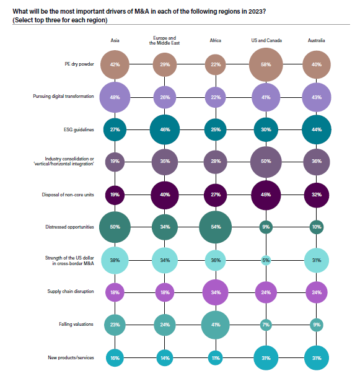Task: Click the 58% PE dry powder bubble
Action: point(266,64)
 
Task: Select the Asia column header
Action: point(115,40)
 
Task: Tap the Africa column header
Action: point(216,40)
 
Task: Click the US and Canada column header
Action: point(266,40)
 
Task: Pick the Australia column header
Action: point(317,40)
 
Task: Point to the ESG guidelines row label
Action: point(79,129)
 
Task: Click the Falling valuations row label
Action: point(76,324)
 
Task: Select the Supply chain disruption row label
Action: point(71,291)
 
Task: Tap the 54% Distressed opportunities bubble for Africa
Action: point(216,227)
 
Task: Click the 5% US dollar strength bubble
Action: point(266,260)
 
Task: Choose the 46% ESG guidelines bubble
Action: point(165,129)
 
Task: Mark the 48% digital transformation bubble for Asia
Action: point(115,97)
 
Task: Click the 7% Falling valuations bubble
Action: point(266,325)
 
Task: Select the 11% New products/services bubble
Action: point(216,358)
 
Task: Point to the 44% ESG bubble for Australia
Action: point(317,129)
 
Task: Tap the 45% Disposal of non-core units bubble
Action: point(266,195)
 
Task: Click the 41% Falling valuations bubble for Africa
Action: point(216,325)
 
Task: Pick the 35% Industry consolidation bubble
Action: point(165,162)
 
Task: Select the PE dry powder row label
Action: point(79,64)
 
